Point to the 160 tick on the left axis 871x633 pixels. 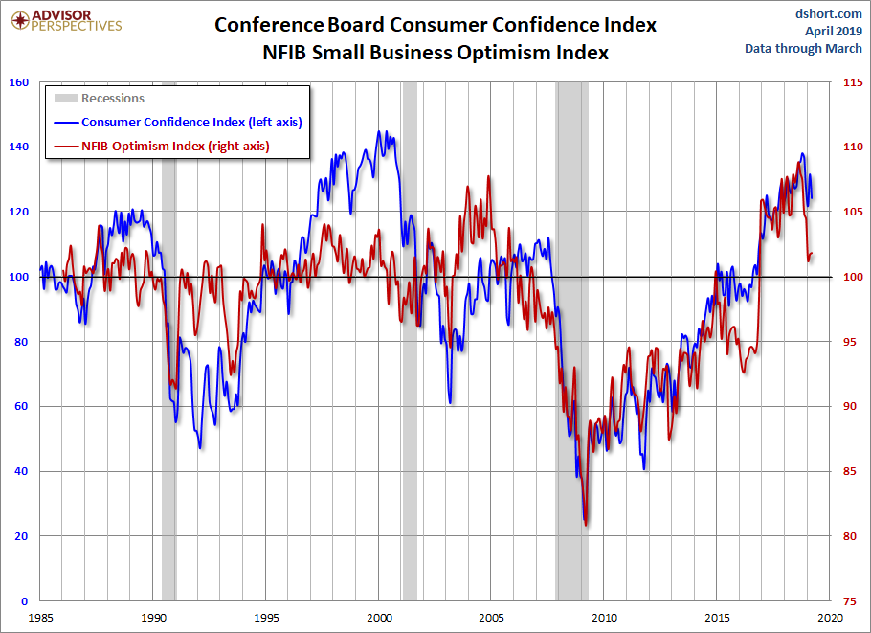click(x=17, y=82)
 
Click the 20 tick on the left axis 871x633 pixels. click(x=20, y=536)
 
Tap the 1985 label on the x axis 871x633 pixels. click(x=40, y=617)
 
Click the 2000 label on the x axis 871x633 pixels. click(x=380, y=617)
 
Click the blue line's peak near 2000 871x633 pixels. click(x=380, y=132)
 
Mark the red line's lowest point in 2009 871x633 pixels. click(x=586, y=525)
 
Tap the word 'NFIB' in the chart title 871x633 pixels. click(x=287, y=53)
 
